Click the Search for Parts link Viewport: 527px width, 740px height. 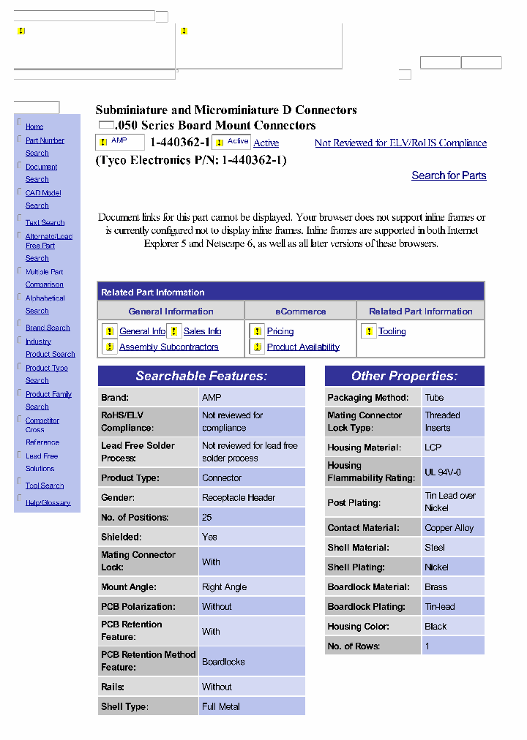pyautogui.click(x=449, y=175)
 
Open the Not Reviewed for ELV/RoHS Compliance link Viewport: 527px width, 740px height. pyautogui.click(x=400, y=143)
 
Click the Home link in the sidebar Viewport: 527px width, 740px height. pyautogui.click(x=34, y=127)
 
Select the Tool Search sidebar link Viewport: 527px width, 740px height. pyautogui.click(x=45, y=486)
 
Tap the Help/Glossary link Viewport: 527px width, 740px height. pyautogui.click(x=48, y=503)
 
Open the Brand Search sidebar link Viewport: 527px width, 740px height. pyautogui.click(x=48, y=328)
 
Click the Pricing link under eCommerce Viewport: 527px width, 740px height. pyautogui.click(x=280, y=331)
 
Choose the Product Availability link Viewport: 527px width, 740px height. pyautogui.click(x=303, y=347)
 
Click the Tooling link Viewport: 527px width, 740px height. pyautogui.click(x=392, y=331)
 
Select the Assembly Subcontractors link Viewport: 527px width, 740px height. pyautogui.click(x=168, y=347)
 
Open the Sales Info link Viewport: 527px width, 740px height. pyautogui.click(x=202, y=331)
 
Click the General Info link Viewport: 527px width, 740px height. pyautogui.click(x=142, y=331)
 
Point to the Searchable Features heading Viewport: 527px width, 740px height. pyautogui.click(x=201, y=377)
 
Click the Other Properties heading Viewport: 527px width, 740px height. pyautogui.click(x=404, y=377)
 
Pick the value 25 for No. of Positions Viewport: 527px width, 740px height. pyautogui.click(x=207, y=517)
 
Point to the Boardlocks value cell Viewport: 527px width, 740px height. pyautogui.click(x=223, y=662)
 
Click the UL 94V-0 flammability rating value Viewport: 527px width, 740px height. pyautogui.click(x=443, y=472)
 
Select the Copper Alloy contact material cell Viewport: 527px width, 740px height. pyautogui.click(x=449, y=528)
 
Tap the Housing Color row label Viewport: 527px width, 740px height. pyautogui.click(x=358, y=627)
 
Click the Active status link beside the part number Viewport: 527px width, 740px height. pyautogui.click(x=266, y=143)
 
